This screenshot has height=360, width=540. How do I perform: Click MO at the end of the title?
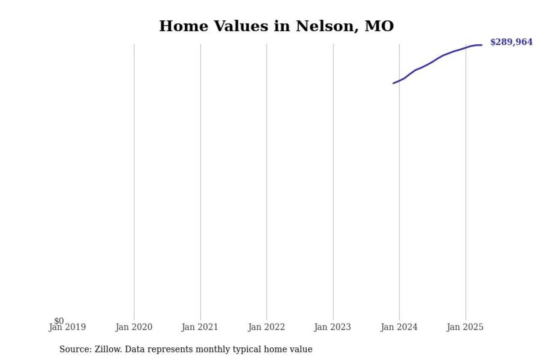[379, 26]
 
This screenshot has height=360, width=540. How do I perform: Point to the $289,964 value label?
[511, 42]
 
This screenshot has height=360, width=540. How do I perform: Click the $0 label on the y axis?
[59, 321]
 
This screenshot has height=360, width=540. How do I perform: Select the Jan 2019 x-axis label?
[67, 327]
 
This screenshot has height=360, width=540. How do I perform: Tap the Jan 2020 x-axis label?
[134, 327]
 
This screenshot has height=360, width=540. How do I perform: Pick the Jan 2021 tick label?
[200, 327]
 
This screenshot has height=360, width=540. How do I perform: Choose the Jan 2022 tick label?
[266, 327]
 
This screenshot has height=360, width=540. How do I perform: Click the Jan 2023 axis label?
[332, 327]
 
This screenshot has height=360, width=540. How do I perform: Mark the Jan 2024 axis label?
[399, 327]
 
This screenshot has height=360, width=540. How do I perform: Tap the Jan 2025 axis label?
[465, 327]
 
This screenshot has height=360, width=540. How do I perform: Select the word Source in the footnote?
[74, 349]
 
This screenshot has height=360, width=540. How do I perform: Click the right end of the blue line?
[481, 45]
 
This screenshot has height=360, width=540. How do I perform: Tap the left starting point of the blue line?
[393, 83]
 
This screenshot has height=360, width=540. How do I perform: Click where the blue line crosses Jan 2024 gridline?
[399, 81]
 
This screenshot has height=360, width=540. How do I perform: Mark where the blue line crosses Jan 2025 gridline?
[466, 48]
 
